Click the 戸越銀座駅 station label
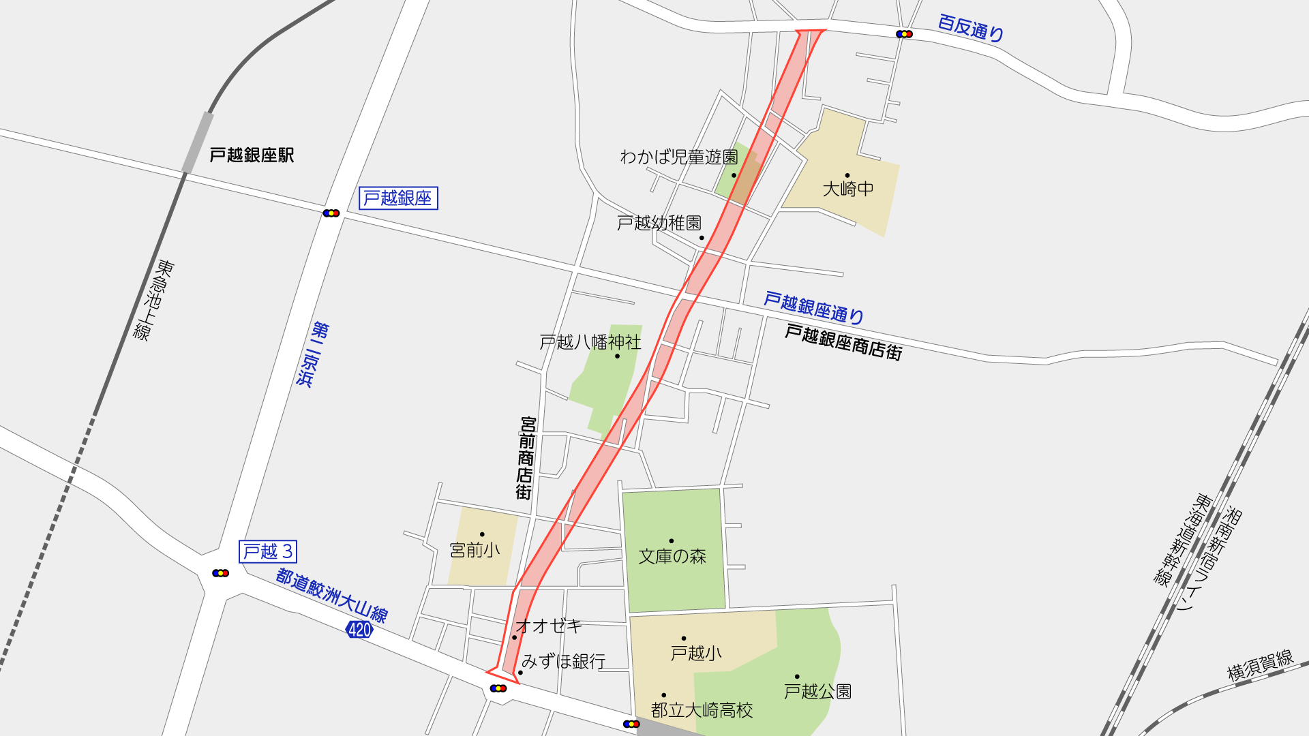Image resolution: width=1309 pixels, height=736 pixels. (x=252, y=155)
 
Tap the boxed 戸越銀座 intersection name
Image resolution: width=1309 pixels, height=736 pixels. (x=398, y=198)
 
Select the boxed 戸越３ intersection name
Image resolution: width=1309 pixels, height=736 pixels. (x=268, y=551)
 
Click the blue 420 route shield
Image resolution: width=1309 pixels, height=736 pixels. (x=359, y=630)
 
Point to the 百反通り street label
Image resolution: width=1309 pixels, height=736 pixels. (x=970, y=28)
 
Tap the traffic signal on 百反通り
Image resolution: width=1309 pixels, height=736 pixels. (x=904, y=34)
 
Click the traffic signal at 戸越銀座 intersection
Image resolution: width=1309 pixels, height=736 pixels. (x=331, y=213)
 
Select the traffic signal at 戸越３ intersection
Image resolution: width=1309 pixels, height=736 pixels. (x=220, y=573)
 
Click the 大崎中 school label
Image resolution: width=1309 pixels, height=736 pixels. (x=847, y=189)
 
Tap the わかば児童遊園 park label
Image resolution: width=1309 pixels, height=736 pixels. (x=678, y=157)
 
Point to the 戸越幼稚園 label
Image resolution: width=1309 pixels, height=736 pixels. (x=659, y=223)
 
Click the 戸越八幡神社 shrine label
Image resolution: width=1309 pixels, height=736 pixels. (x=590, y=342)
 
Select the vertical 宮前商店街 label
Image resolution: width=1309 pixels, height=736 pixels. (x=526, y=458)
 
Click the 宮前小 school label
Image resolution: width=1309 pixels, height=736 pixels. (x=475, y=550)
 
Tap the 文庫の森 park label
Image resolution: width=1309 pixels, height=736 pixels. (x=672, y=557)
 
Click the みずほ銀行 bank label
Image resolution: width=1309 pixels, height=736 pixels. (x=563, y=661)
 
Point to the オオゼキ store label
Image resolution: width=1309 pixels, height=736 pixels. (x=549, y=626)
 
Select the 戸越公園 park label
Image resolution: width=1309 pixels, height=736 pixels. (x=817, y=692)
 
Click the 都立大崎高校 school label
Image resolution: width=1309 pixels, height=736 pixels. (x=702, y=710)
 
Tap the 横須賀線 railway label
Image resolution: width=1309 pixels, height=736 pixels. (x=1260, y=665)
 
